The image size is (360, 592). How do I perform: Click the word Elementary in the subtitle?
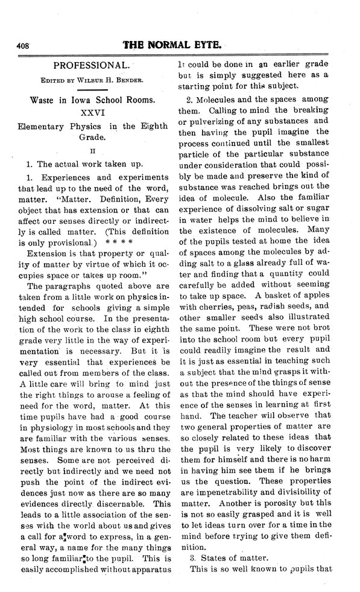tap(42, 126)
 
